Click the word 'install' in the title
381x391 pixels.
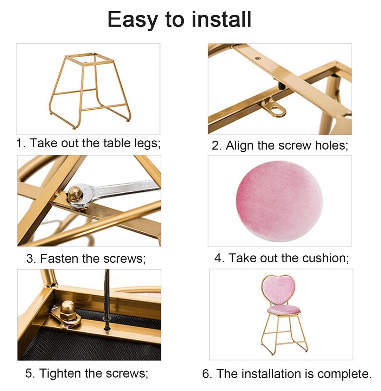(x=221, y=19)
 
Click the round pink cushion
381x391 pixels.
(x=279, y=201)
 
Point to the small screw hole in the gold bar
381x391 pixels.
(x=258, y=59)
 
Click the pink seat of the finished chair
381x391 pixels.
(x=284, y=310)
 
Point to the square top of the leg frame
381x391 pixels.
(x=90, y=59)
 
